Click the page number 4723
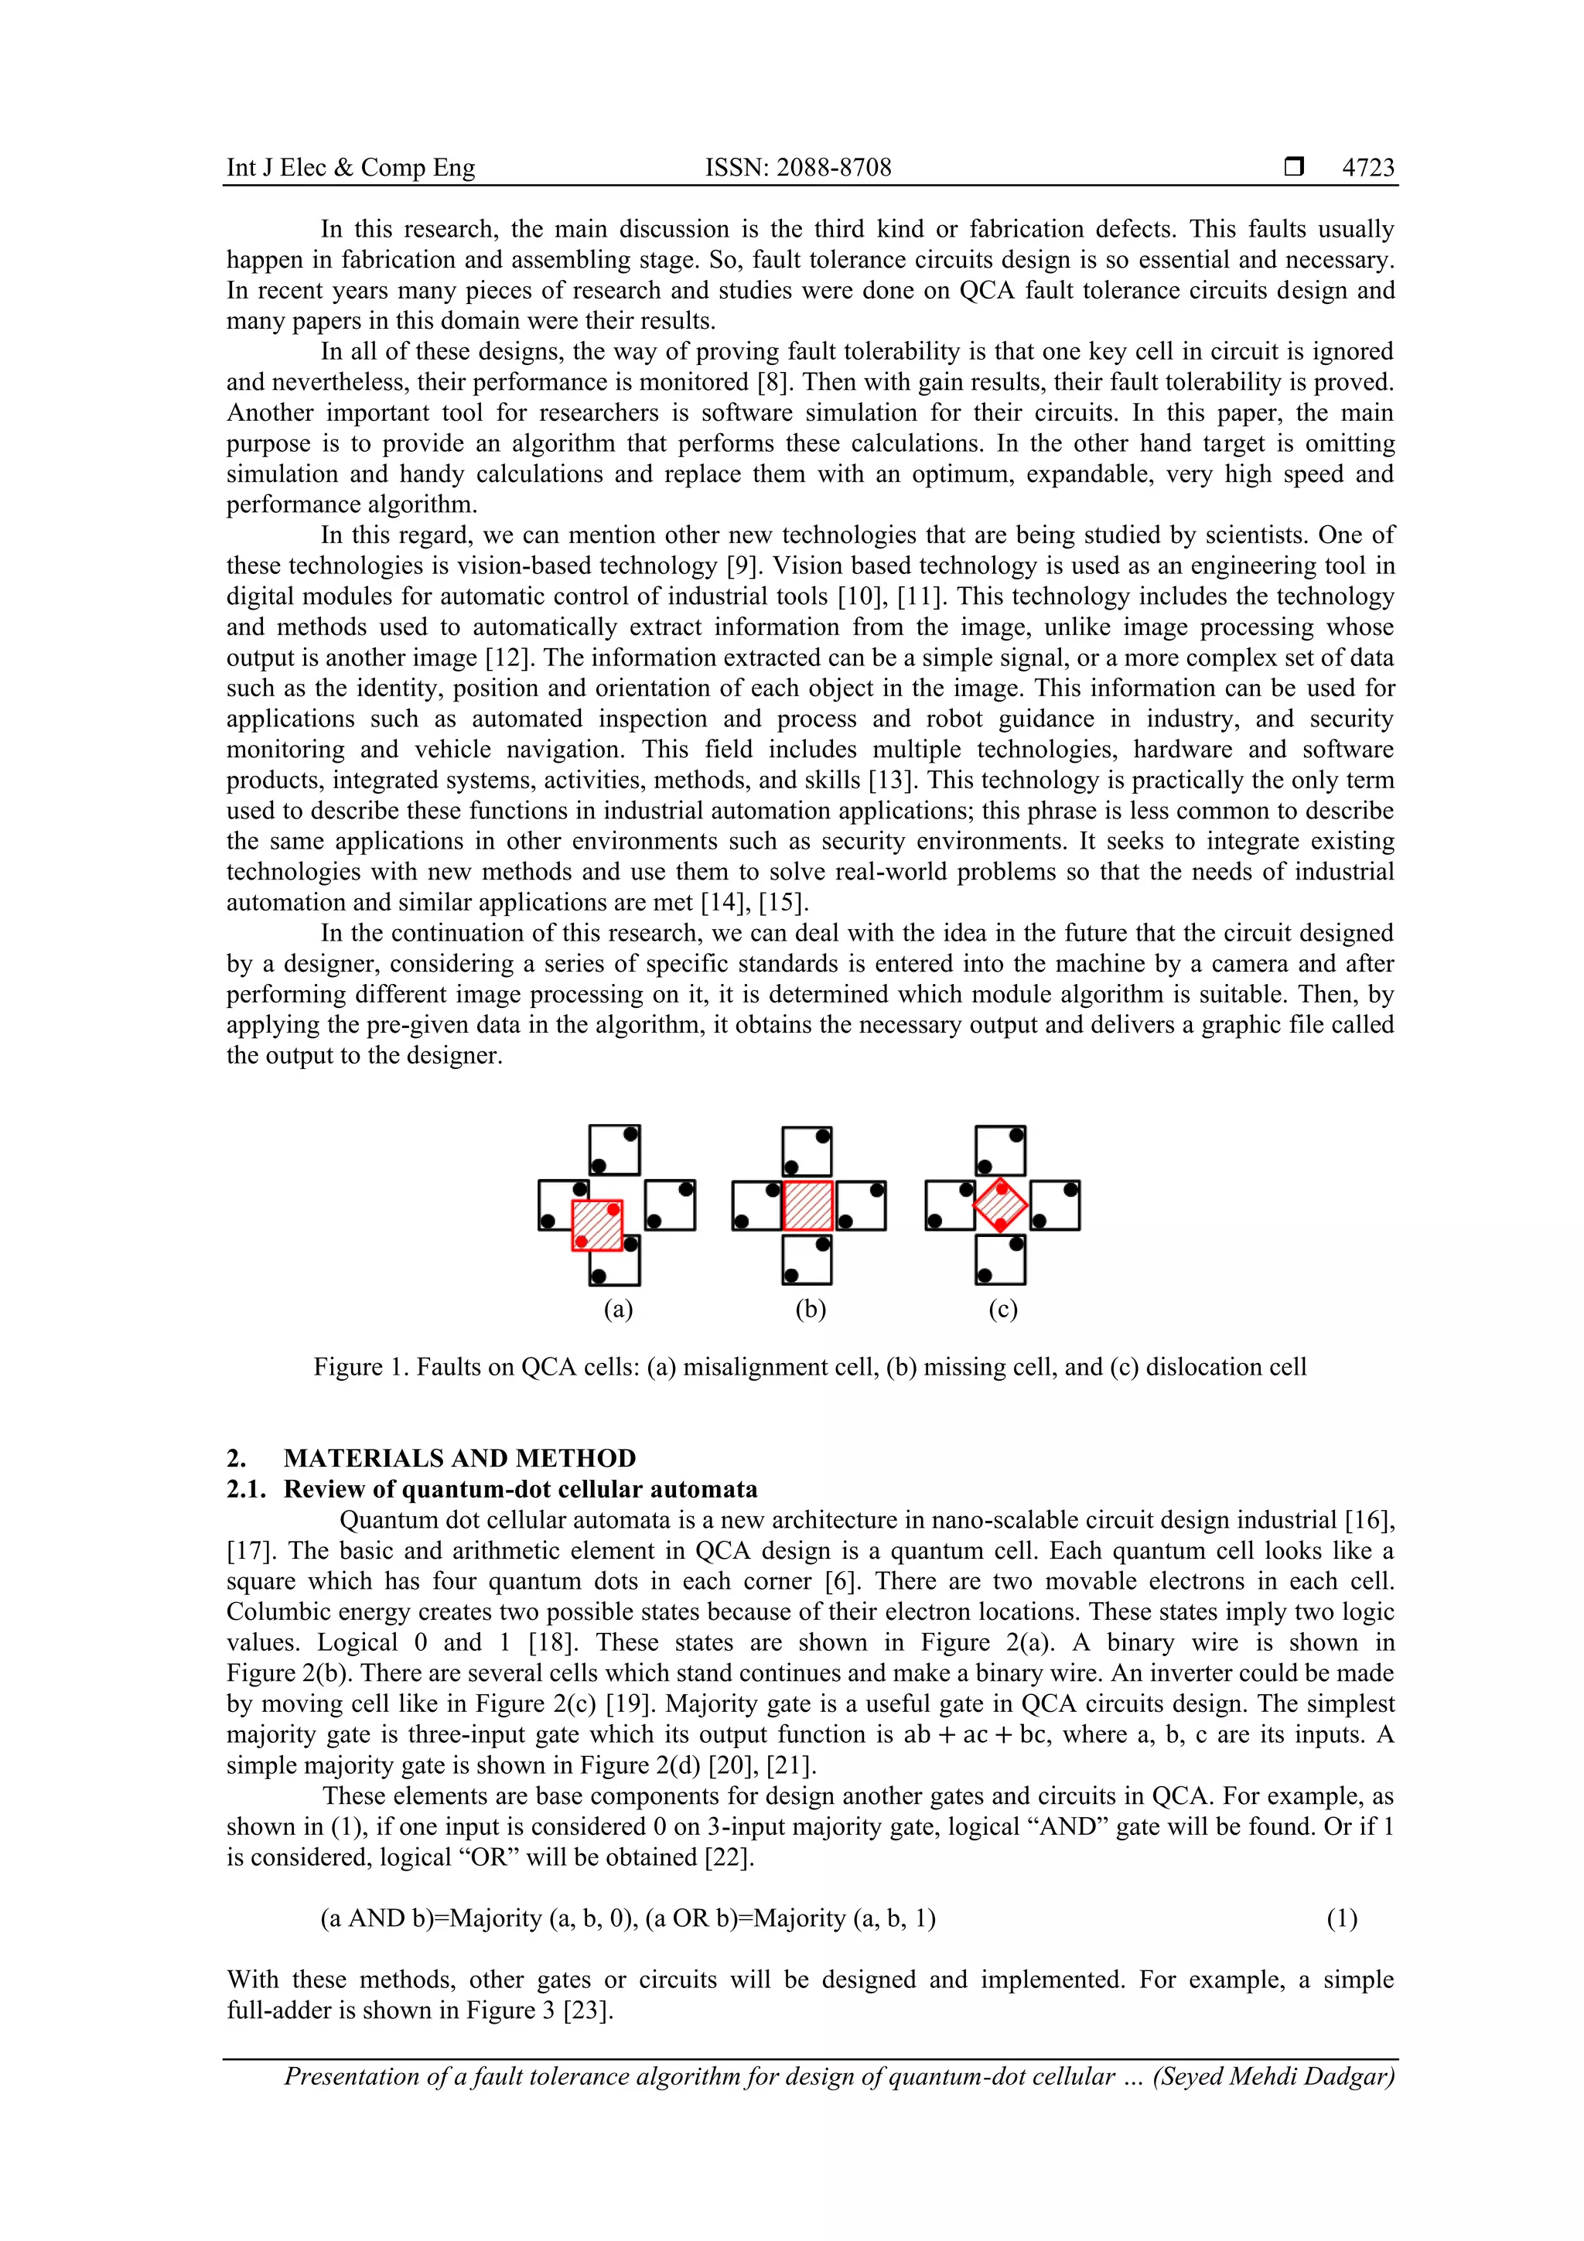(x=1367, y=168)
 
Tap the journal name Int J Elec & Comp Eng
(x=350, y=168)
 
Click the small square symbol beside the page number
(x=1294, y=167)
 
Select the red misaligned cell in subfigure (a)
(x=596, y=1225)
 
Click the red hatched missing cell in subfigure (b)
(x=807, y=1205)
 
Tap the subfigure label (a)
(x=618, y=1309)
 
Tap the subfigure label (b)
(x=810, y=1309)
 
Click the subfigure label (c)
(x=1002, y=1309)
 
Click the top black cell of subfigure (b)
(x=807, y=1151)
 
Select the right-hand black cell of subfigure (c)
(x=1054, y=1205)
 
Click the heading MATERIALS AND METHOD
(x=459, y=1458)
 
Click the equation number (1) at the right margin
(x=1341, y=1919)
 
